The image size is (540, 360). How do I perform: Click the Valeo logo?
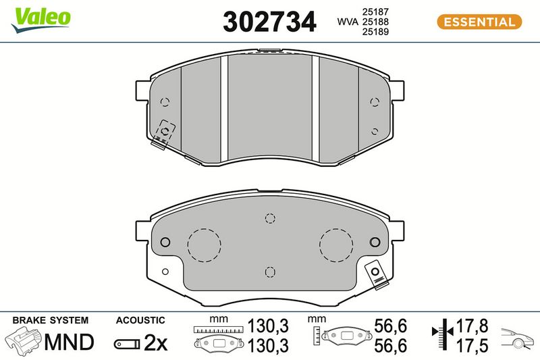click(41, 20)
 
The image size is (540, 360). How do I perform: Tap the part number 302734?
click(269, 22)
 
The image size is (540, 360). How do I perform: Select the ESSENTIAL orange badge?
click(479, 22)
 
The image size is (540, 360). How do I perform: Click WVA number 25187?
click(375, 11)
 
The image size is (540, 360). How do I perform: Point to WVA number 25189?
click(375, 32)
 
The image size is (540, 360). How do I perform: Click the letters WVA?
click(348, 22)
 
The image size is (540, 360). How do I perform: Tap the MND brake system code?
click(69, 342)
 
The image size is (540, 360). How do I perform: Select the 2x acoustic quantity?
click(155, 342)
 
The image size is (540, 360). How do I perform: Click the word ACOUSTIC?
click(140, 320)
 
